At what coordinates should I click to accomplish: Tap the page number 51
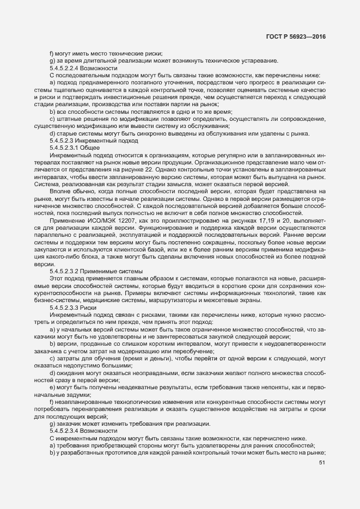pos(321,463)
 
